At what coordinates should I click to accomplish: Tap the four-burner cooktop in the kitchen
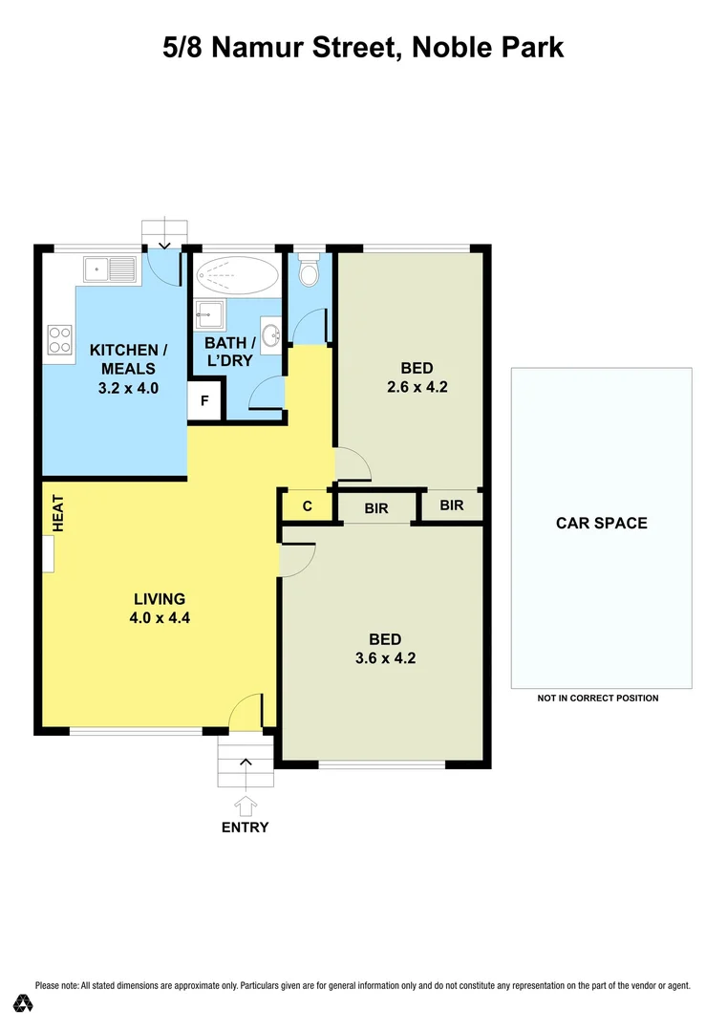pyautogui.click(x=60, y=340)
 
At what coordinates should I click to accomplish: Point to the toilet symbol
pyautogui.click(x=309, y=272)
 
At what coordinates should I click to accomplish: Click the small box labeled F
pyautogui.click(x=204, y=401)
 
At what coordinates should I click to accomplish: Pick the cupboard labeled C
pyautogui.click(x=307, y=506)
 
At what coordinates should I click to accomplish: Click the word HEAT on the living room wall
pyautogui.click(x=57, y=513)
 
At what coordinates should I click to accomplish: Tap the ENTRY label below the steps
pyautogui.click(x=246, y=828)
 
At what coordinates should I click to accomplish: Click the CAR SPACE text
pyautogui.click(x=602, y=523)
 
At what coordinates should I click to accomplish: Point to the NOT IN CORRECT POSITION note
pyautogui.click(x=598, y=699)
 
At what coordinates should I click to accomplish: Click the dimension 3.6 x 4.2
pyautogui.click(x=385, y=658)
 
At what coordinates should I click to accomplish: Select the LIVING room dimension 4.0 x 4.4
pyautogui.click(x=160, y=617)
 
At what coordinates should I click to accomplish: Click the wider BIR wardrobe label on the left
pyautogui.click(x=376, y=508)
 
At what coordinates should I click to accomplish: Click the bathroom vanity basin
pyautogui.click(x=272, y=334)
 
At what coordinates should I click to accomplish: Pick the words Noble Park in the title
pyautogui.click(x=487, y=47)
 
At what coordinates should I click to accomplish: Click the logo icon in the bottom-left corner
pyautogui.click(x=23, y=1003)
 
